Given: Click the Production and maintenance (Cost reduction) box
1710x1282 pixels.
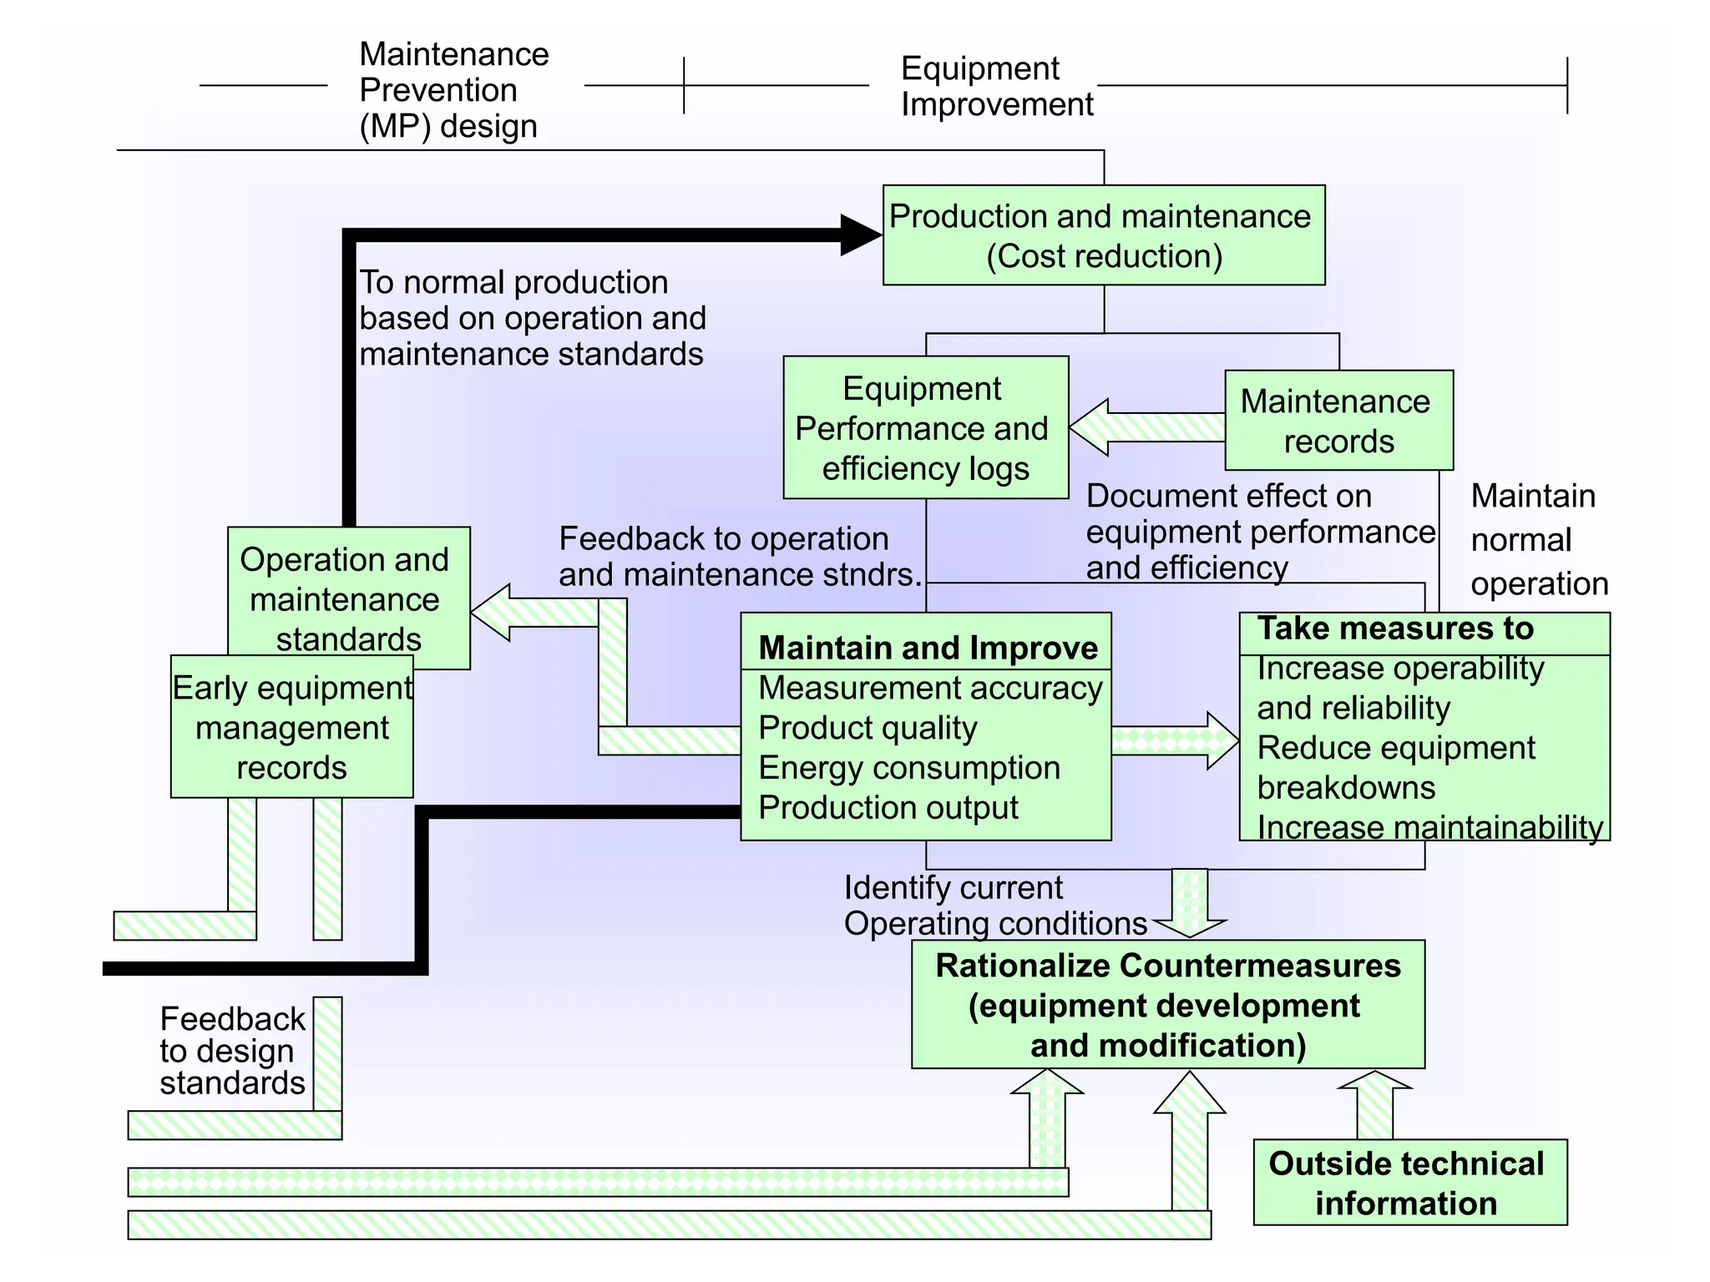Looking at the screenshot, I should click(x=1103, y=235).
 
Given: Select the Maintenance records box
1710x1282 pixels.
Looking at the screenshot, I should click(x=1338, y=421).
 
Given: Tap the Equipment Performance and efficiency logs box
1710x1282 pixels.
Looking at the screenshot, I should click(x=925, y=427).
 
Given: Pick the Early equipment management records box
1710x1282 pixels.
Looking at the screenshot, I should click(x=291, y=727).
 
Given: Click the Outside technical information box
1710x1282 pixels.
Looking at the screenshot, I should click(x=1409, y=1183).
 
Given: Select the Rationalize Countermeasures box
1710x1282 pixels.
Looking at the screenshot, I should click(x=1167, y=1005).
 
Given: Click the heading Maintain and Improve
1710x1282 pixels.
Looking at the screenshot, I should click(x=927, y=648).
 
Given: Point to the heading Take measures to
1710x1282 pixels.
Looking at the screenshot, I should click(x=1396, y=628).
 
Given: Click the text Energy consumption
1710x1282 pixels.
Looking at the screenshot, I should click(x=908, y=768).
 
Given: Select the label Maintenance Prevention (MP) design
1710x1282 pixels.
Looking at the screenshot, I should click(x=453, y=90).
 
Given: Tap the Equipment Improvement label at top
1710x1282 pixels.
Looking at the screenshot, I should click(x=996, y=87).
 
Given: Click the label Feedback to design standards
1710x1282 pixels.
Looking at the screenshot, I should click(x=232, y=1051).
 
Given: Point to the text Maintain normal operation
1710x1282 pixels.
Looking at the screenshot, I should click(x=1538, y=540).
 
